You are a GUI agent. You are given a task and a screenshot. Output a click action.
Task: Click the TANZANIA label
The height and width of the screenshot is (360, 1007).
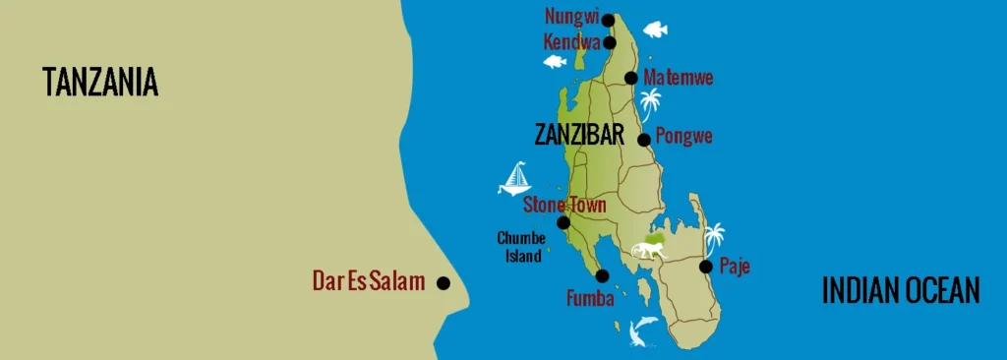pos(100,83)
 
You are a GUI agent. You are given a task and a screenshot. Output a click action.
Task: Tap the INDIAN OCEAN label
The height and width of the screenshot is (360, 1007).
pos(901,290)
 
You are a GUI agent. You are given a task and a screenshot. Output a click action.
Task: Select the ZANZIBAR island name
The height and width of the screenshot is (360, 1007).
pos(579,136)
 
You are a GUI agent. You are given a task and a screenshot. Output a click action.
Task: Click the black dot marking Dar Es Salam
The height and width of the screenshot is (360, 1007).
pos(444,283)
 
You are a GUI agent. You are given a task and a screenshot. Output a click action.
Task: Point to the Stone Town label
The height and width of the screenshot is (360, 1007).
pos(564,205)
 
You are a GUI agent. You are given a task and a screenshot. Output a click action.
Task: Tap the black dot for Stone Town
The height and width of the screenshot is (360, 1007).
pos(563,222)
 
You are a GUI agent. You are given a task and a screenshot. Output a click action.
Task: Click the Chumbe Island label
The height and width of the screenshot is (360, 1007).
pos(521,247)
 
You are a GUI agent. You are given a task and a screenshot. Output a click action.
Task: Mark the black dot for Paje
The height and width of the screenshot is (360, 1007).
pos(705,266)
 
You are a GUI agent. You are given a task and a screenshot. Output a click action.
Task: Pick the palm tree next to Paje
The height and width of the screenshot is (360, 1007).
pos(714,237)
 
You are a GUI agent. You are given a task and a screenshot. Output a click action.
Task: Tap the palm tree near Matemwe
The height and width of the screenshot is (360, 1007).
pos(650,102)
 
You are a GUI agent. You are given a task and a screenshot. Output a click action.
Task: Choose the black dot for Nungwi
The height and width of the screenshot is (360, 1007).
pos(608,20)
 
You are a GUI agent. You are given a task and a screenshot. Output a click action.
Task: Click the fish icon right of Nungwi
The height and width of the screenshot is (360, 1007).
pos(654,30)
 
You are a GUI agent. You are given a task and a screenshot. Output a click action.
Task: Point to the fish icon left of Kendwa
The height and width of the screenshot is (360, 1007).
pos(555,62)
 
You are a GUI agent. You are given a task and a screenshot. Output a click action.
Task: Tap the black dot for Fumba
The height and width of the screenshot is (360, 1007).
pos(602,276)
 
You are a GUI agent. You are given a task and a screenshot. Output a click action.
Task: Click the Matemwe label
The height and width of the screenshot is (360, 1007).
pos(678,78)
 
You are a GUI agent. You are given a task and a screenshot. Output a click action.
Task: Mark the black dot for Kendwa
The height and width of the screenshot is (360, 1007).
pos(610,42)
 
